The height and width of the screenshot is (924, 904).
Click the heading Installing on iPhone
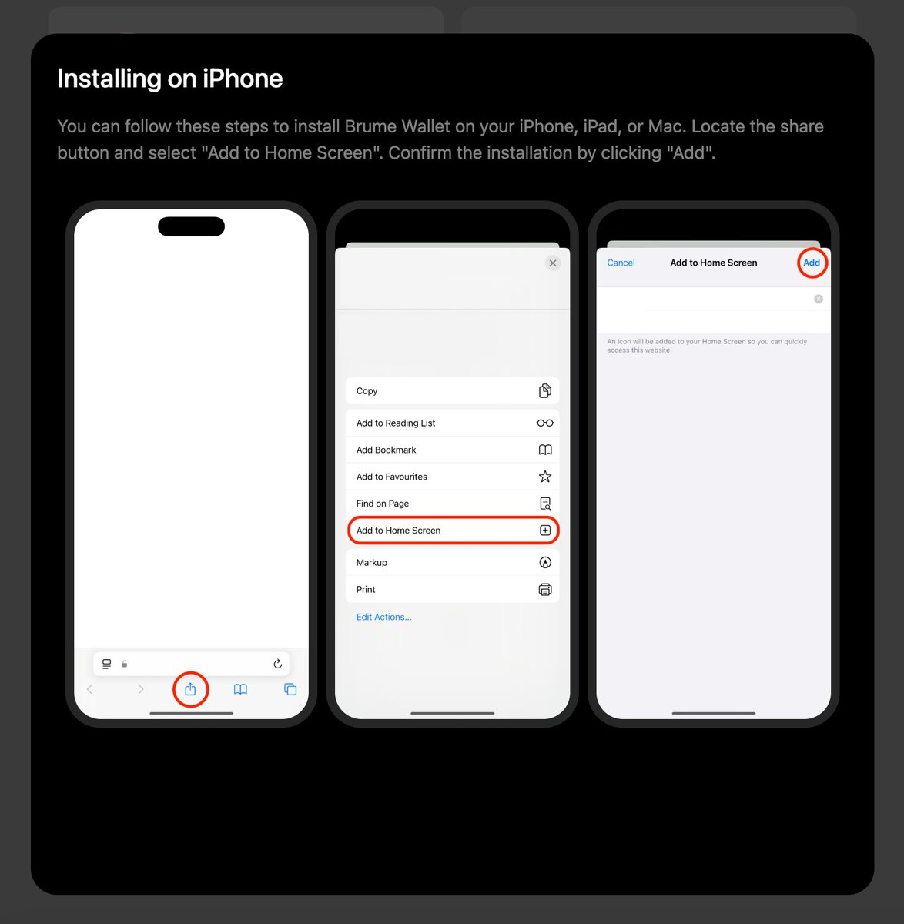[x=170, y=79]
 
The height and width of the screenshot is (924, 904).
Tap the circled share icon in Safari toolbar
[x=190, y=689]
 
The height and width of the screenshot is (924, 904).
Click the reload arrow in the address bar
[x=278, y=664]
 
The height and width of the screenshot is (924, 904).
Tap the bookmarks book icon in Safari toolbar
[x=240, y=689]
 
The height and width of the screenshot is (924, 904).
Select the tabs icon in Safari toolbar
[x=290, y=689]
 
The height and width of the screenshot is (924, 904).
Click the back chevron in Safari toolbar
[x=90, y=689]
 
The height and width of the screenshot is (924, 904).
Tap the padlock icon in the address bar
[x=124, y=664]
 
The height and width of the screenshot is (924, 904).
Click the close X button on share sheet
[x=553, y=263]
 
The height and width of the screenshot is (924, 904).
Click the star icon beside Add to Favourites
[x=545, y=477]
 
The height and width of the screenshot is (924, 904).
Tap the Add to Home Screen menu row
[x=452, y=531]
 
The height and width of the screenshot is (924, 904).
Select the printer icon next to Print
[x=545, y=590]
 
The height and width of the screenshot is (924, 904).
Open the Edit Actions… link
[x=383, y=617]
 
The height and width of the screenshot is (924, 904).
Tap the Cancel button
[x=621, y=263]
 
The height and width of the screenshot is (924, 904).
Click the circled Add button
[x=812, y=263]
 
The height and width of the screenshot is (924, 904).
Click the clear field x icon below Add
[x=819, y=299]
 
